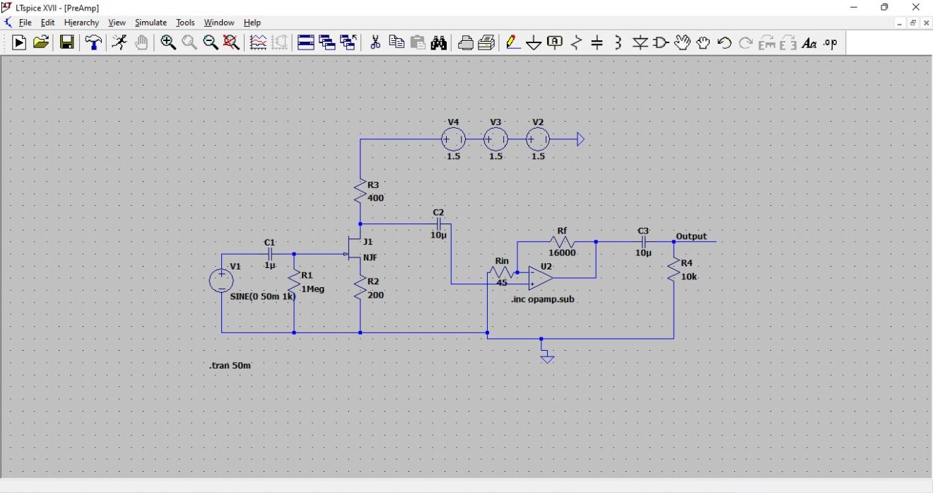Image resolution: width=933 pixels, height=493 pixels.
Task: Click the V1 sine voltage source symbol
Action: pos(221,280)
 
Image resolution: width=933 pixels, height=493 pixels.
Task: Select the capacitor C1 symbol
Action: pos(269,254)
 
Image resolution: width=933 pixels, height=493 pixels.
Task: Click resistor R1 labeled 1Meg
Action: pos(294,282)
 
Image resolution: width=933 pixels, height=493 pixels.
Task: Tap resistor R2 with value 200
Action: pos(360,288)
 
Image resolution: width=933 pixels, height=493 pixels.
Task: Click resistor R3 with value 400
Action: pos(360,191)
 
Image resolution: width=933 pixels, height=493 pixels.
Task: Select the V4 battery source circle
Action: pos(453,139)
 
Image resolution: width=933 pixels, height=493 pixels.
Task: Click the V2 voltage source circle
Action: pos(538,139)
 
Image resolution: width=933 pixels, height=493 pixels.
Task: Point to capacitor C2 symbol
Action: pos(438,224)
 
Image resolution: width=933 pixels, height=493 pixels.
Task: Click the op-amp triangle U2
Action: pos(541,278)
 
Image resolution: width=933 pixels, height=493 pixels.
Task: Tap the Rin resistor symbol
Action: pos(501,272)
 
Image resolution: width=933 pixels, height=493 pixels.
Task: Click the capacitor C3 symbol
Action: pos(643,242)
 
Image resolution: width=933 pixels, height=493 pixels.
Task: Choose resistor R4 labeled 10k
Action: pos(674,271)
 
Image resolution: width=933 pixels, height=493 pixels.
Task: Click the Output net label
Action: pos(691,236)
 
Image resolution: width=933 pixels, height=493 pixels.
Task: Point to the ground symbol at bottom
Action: pos(546,358)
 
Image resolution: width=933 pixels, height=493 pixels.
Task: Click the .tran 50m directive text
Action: pos(230,366)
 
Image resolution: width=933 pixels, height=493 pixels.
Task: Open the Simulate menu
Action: pos(150,23)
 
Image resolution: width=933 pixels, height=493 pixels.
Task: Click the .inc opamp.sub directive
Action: pos(543,300)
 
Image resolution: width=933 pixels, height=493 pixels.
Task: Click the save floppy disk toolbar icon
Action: pos(66,43)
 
